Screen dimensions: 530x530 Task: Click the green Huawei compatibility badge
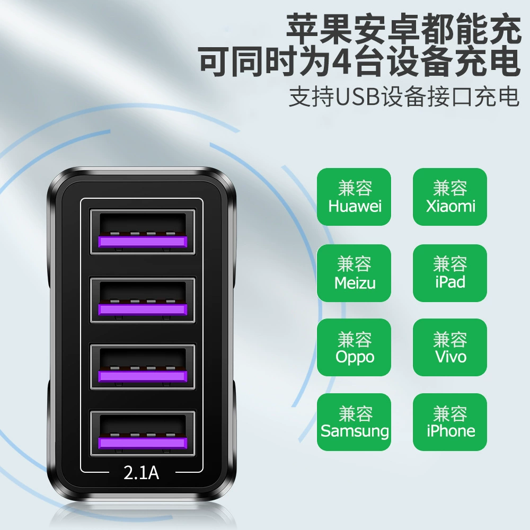point(354,197)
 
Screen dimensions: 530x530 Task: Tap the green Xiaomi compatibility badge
point(450,197)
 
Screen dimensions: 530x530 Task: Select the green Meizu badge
point(354,273)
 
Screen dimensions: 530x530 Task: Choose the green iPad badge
point(450,273)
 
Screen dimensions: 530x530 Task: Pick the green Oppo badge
point(354,348)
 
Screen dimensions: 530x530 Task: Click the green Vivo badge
point(450,348)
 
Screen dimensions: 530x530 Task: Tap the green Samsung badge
point(354,422)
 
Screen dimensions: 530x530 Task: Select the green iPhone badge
point(450,422)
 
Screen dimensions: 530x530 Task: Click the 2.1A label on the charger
point(142,473)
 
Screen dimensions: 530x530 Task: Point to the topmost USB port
point(143,232)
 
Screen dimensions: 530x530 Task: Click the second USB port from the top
point(143,300)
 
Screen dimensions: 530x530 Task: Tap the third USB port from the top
point(143,367)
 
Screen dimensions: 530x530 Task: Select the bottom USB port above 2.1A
point(143,434)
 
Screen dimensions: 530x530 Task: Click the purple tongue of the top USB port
point(143,241)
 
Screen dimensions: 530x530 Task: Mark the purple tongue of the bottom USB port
point(143,443)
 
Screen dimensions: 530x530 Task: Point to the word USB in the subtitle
point(358,97)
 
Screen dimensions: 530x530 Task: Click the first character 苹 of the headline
point(303,29)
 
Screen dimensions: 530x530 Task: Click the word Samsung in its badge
point(355,431)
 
